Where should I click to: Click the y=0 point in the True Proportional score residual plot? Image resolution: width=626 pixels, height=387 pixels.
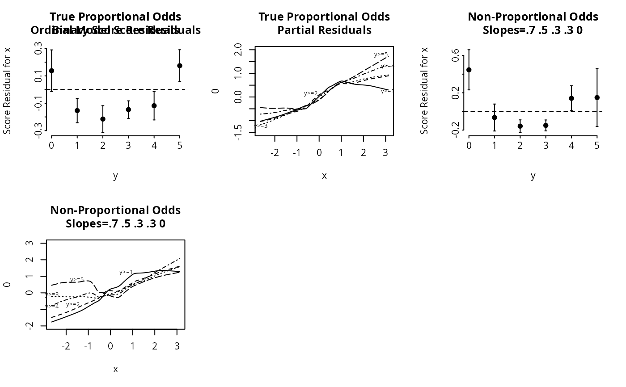[x=51, y=71]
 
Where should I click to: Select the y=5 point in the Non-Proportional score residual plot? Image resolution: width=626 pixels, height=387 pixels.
[x=597, y=97]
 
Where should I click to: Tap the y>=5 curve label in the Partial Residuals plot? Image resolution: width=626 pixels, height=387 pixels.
[x=381, y=55]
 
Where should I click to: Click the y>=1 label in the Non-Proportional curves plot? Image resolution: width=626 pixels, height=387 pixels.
[x=126, y=272]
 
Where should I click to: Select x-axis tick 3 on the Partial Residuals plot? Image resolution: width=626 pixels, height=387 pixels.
[x=385, y=153]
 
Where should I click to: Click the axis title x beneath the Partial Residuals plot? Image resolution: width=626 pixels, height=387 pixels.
[x=324, y=176]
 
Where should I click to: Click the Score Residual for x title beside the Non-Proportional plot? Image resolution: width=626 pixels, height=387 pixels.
[x=424, y=90]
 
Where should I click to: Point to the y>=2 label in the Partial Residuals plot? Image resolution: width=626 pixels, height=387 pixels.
[x=311, y=93]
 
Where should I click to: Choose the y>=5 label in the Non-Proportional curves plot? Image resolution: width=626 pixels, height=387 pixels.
[x=77, y=280]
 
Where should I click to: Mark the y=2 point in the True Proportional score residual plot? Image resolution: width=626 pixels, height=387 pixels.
[x=103, y=119]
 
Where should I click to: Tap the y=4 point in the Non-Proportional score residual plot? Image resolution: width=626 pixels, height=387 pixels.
[x=571, y=98]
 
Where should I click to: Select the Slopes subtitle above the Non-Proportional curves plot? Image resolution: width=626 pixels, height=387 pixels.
[x=115, y=223]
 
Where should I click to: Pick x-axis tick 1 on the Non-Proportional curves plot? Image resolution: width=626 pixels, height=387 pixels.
[x=133, y=346]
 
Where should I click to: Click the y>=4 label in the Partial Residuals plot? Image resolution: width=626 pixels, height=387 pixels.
[x=387, y=66]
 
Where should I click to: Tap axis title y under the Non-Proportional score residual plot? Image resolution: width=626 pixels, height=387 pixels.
[x=533, y=176]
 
